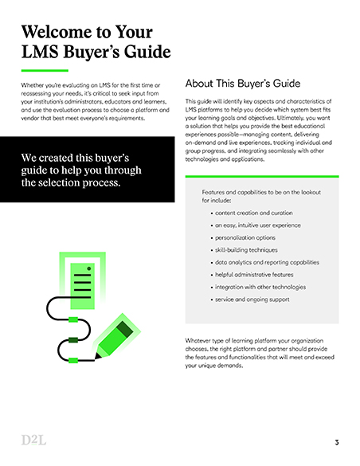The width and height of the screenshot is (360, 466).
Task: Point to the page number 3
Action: point(337,442)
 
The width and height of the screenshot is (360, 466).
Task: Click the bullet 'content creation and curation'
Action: point(253,213)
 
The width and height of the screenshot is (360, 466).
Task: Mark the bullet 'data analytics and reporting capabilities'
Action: point(266,262)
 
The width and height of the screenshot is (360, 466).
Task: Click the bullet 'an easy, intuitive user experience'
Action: point(258,225)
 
